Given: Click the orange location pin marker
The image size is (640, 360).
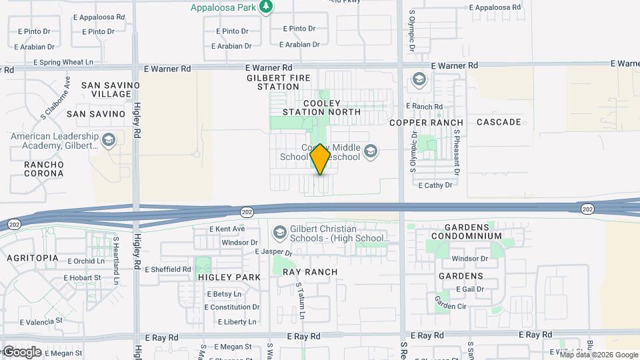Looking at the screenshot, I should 320,159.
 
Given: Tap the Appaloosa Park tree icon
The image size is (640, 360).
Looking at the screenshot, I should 267,7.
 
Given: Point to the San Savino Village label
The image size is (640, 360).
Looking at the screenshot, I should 111,90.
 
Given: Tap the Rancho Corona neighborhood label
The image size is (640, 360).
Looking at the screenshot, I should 44,169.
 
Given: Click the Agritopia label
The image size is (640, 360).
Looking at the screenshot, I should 33,258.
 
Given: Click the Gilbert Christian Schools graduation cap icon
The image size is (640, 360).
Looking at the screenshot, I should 280,233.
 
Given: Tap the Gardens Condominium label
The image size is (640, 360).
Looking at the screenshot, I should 466,231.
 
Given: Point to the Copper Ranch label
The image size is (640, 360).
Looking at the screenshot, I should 426,123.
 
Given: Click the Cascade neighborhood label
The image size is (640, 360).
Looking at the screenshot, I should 499,122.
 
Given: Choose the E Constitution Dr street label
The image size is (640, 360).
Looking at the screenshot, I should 232,307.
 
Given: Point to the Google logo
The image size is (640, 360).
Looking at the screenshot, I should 22,351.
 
